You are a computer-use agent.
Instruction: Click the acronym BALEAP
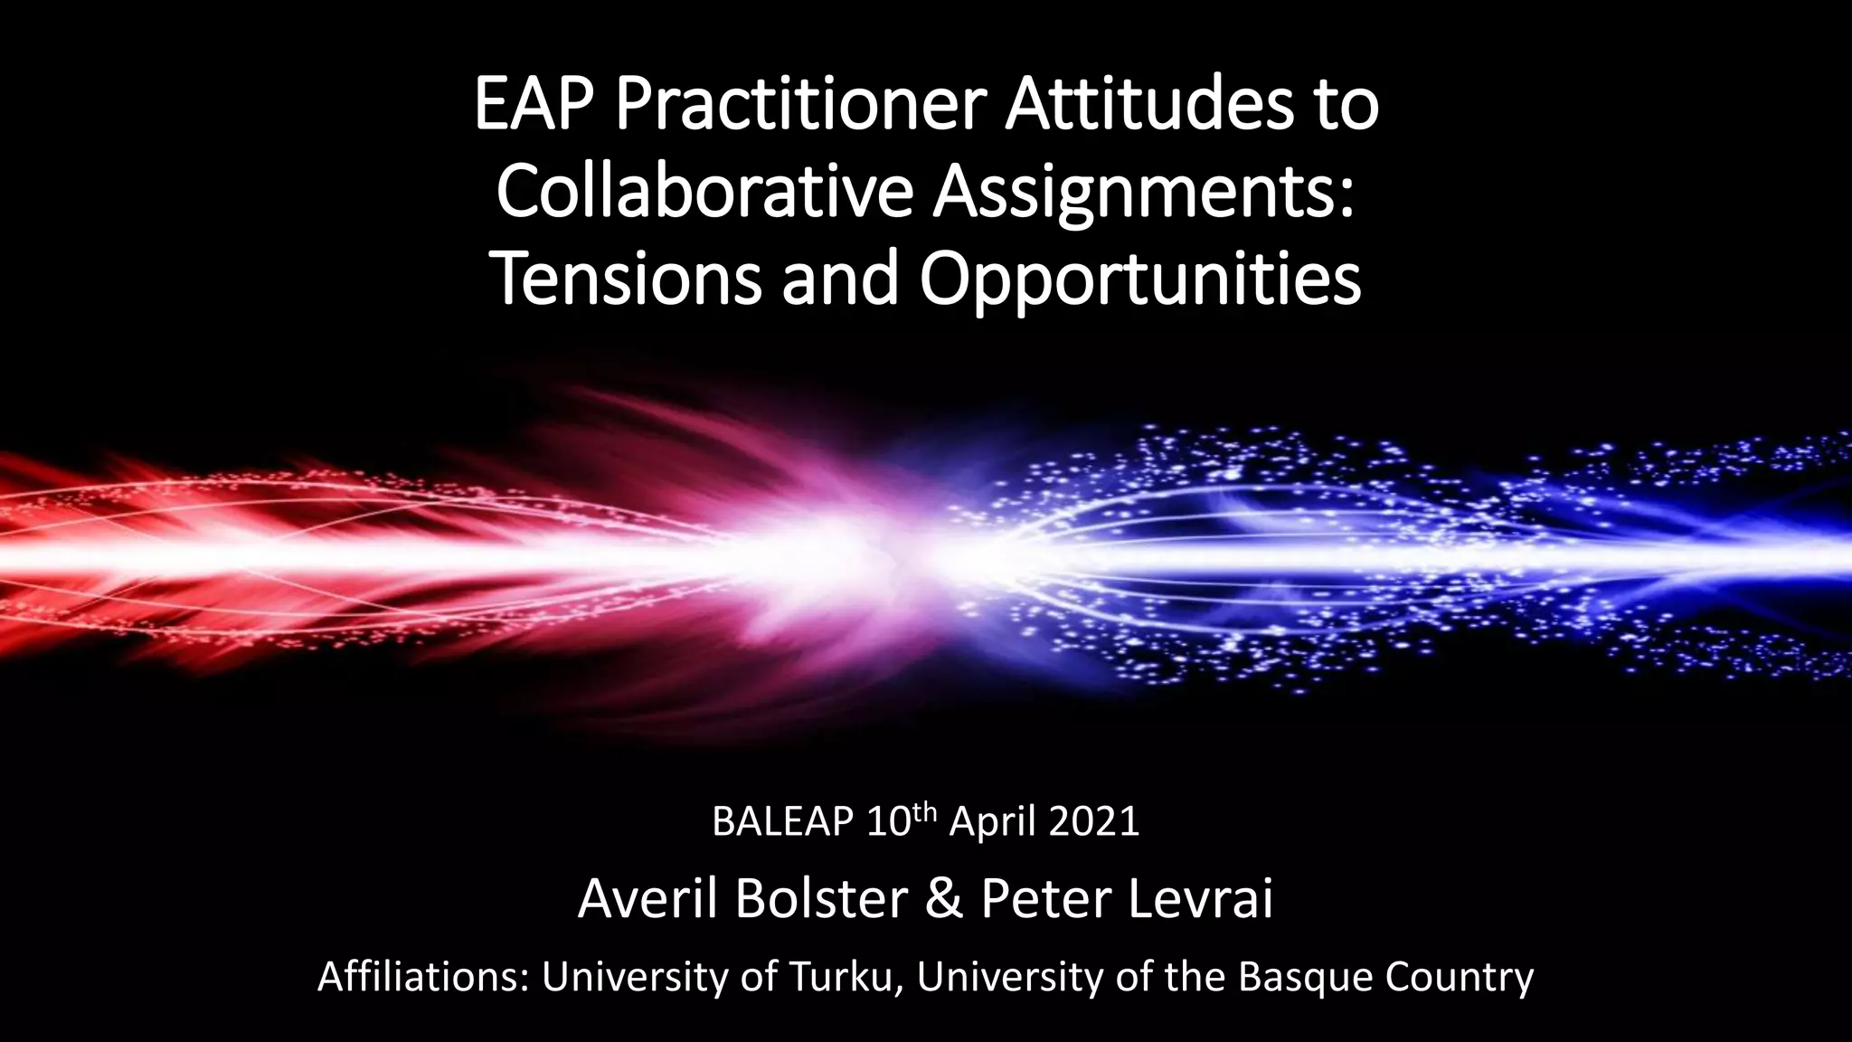pos(782,821)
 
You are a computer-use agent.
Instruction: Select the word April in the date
pos(989,821)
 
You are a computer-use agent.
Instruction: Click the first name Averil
pos(647,899)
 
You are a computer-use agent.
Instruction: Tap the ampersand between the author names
pos(943,899)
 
